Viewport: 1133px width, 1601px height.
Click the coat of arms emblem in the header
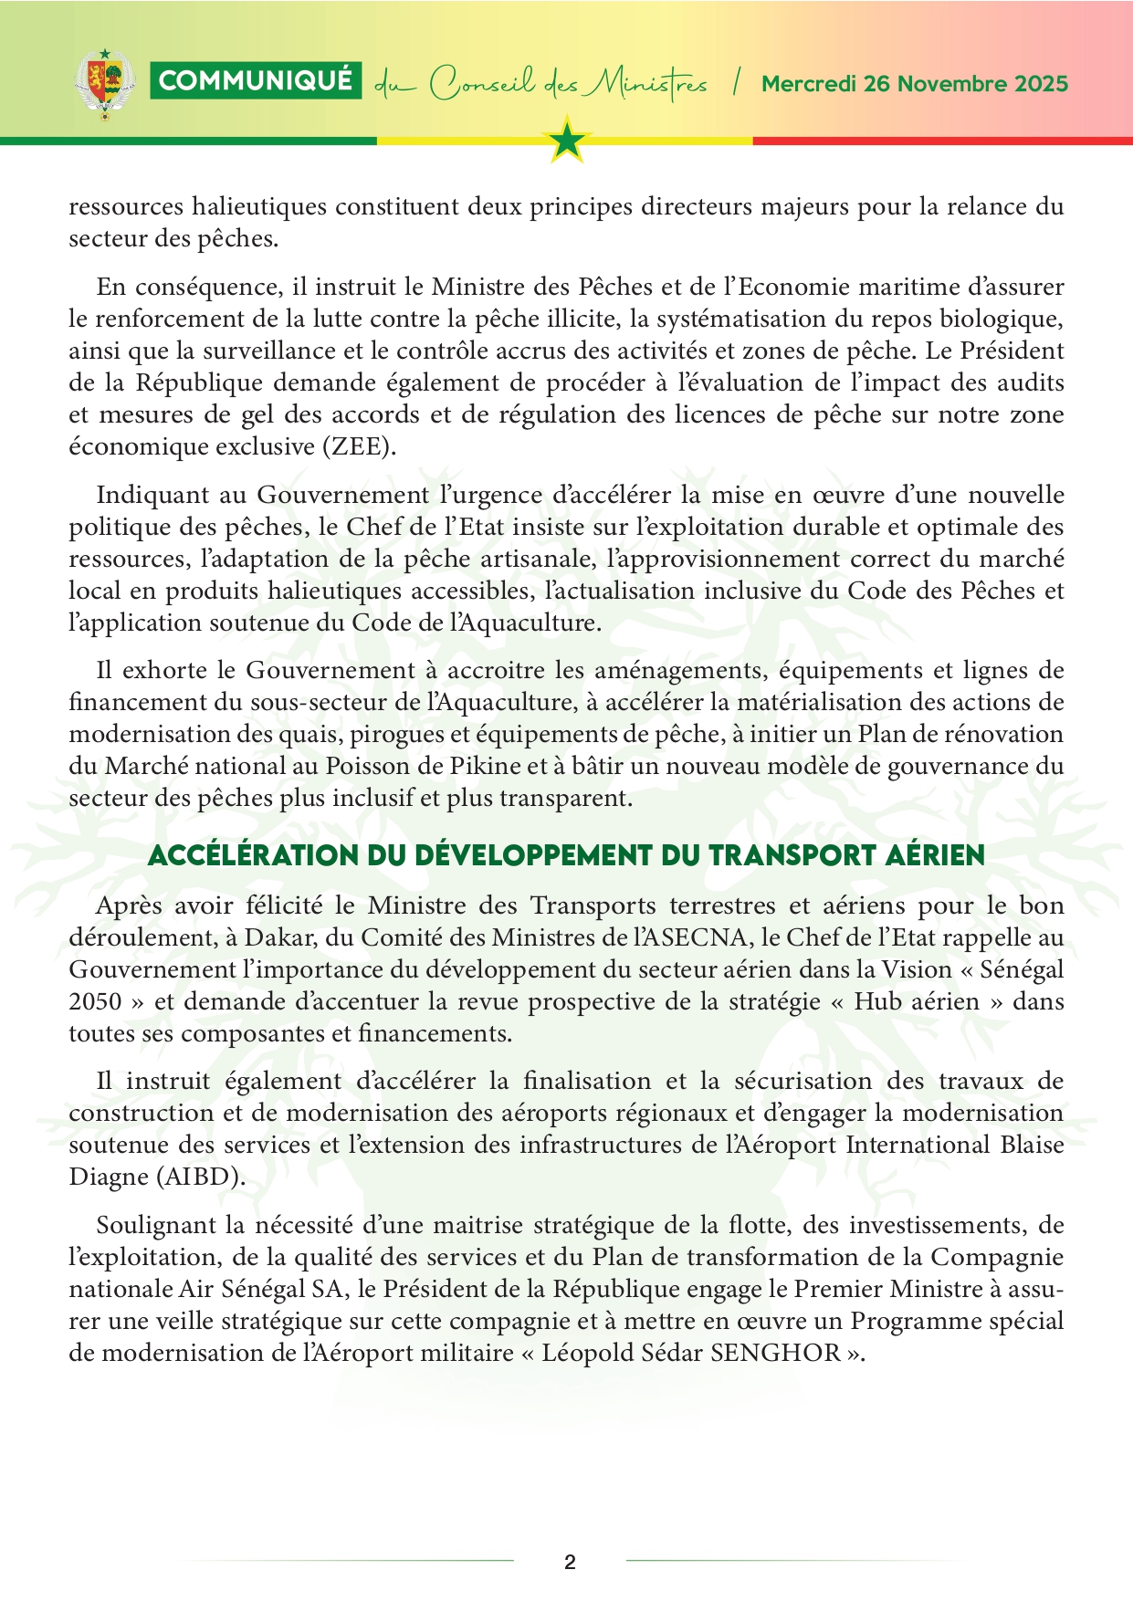104,84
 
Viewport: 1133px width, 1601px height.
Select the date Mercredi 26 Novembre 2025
915,84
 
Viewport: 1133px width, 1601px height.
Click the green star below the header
568,141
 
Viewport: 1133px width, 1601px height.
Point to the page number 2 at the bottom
571,1562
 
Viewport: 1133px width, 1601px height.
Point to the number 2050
95,1001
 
